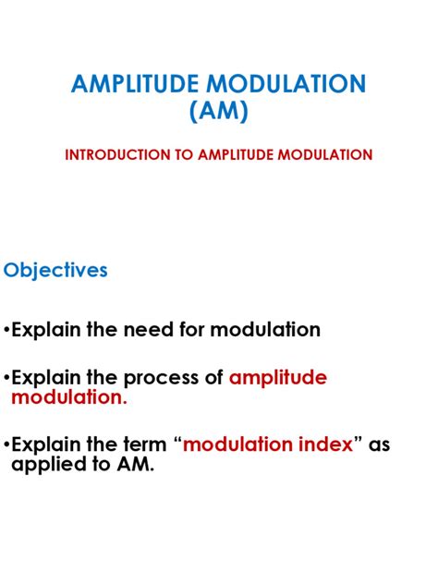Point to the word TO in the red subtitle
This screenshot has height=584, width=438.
tap(178, 155)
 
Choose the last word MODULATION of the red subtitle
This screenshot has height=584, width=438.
tap(324, 155)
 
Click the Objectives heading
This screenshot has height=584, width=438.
tap(56, 270)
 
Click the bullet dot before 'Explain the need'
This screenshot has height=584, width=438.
tap(6, 331)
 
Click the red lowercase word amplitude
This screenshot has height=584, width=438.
tap(278, 378)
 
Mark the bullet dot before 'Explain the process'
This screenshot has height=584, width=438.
tap(6, 379)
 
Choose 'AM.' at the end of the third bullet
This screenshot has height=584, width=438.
tap(133, 465)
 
